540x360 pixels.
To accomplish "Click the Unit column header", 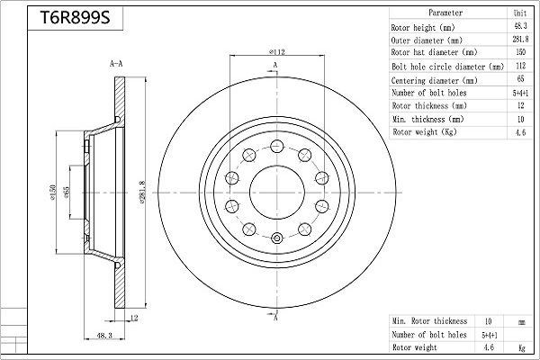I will point(520,13).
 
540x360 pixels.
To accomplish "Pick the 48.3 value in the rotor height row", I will point(520,27).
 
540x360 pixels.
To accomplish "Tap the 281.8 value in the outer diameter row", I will point(520,40).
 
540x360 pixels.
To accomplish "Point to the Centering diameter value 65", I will point(520,79).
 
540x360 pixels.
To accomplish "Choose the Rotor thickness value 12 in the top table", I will point(520,105).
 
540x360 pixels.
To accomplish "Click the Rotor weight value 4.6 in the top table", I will point(520,132).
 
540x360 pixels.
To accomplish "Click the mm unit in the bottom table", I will point(520,320).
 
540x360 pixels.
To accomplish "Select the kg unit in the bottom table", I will point(520,346).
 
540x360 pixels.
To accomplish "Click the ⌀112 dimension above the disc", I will point(276,52).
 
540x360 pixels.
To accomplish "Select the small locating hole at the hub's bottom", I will point(276,238).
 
